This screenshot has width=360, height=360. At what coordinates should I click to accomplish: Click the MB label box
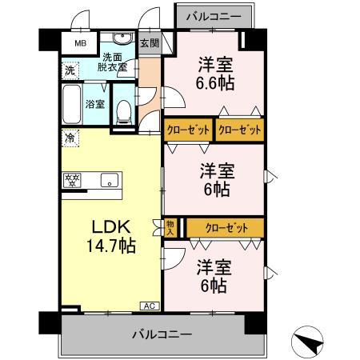(79, 43)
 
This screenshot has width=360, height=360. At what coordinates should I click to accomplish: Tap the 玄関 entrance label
(149, 43)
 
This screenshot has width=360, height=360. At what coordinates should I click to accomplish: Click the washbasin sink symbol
(122, 40)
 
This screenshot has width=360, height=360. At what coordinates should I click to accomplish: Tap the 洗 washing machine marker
(70, 70)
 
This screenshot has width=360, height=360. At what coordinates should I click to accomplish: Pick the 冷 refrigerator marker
(70, 138)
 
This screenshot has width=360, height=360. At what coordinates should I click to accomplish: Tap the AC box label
(149, 306)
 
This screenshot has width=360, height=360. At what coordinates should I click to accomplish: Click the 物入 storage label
(170, 228)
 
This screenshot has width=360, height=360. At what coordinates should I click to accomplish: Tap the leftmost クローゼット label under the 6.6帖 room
(188, 128)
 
